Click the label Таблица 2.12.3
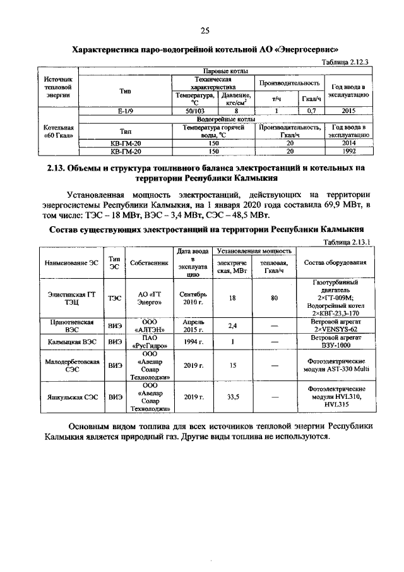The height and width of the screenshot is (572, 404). [345, 61]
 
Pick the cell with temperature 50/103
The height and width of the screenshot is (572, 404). [194, 111]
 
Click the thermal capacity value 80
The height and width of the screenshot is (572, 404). [274, 298]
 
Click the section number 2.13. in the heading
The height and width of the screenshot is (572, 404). [59, 169]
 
